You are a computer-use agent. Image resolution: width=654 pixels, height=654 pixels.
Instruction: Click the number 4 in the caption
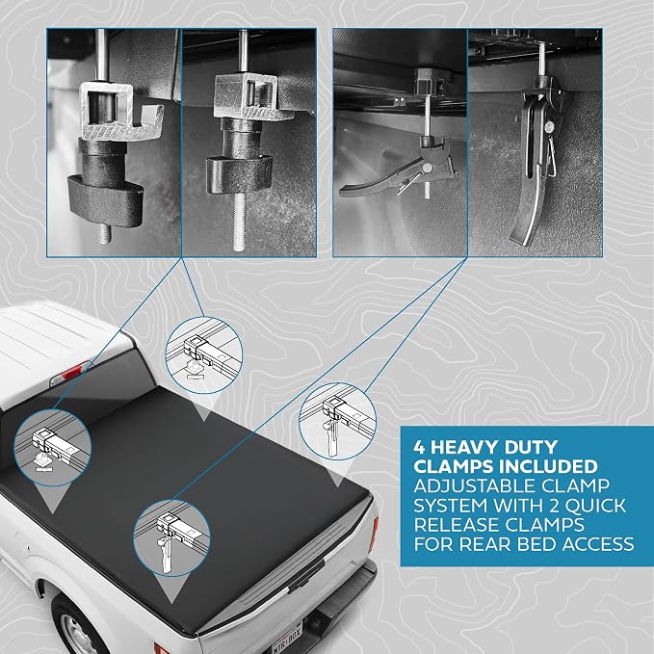pos(419,448)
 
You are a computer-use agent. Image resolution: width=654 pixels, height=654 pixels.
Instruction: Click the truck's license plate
pos(286,638)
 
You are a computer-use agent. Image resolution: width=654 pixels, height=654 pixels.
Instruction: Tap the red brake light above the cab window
pos(71,372)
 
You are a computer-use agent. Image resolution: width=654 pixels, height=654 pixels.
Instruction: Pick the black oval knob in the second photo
pos(239,173)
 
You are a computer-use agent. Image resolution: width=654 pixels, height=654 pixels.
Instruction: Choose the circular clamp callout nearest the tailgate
pos(171,538)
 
